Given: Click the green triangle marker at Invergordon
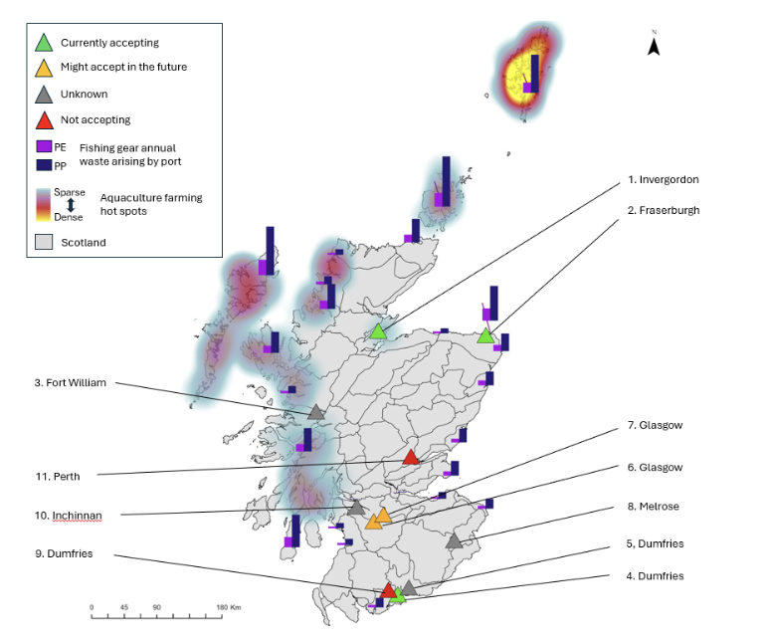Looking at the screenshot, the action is click(378, 332).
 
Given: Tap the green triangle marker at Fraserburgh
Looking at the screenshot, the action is click(485, 336).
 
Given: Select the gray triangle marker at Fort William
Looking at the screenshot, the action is click(316, 412).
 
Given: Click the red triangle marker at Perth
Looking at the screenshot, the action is click(411, 457).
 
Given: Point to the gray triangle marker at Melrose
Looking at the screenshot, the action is click(454, 540).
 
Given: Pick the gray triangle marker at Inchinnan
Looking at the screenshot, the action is click(356, 508).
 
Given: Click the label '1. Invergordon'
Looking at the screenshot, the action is click(664, 179).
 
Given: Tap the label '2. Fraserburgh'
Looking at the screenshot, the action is click(664, 210).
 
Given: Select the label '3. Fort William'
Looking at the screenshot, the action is click(70, 383).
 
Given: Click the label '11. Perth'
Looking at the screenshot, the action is click(58, 477).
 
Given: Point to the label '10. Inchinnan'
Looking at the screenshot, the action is click(68, 516).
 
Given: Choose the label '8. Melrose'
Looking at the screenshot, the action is click(653, 507).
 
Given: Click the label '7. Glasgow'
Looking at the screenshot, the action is click(655, 425).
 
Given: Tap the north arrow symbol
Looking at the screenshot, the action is click(654, 45).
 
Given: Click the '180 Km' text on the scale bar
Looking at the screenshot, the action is click(229, 607).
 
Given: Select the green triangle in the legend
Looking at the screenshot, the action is click(44, 43).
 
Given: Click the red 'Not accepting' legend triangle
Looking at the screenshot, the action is click(45, 120).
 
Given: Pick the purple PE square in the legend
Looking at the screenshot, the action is click(44, 146).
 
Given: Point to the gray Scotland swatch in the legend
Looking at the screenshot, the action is click(44, 242).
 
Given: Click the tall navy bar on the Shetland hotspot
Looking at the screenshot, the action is click(535, 74).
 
